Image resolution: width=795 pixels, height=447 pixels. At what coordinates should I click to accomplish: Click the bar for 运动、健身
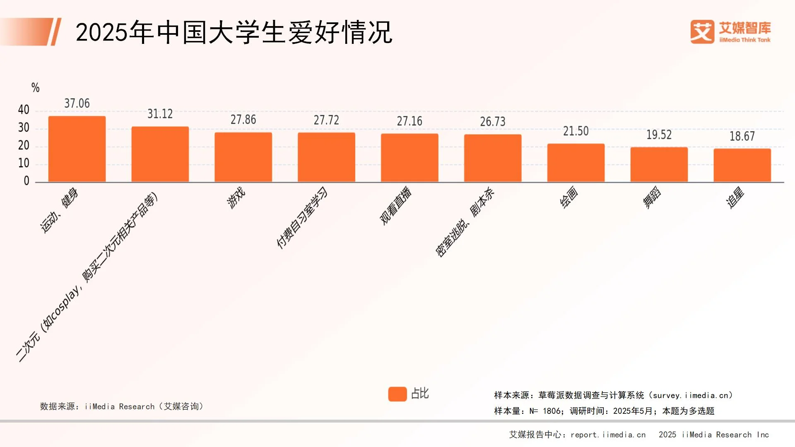point(77,149)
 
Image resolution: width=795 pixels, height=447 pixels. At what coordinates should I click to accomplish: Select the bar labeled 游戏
point(243,157)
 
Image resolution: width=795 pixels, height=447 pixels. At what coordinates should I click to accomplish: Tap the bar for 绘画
point(576,163)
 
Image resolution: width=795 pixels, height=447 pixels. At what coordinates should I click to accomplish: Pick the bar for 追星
point(742,165)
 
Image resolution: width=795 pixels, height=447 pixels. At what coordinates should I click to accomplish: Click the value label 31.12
point(160,114)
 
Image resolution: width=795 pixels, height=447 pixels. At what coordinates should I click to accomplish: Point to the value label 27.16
point(410,121)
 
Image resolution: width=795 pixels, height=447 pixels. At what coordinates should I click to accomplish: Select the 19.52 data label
point(659,135)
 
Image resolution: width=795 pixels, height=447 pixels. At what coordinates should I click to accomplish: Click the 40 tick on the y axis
point(24,110)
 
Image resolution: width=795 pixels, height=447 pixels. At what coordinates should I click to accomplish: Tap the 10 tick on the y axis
point(24,163)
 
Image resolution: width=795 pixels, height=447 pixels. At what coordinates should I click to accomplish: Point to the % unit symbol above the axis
point(36,88)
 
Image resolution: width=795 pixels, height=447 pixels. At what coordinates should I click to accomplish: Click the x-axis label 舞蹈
point(652,197)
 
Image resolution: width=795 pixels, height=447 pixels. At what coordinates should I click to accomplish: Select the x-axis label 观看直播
point(396,206)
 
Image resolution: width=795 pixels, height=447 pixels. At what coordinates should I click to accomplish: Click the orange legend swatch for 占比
point(397,394)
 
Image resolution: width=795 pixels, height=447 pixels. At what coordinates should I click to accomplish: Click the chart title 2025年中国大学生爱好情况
point(234,32)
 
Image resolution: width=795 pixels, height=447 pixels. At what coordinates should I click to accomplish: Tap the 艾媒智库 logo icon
point(702,32)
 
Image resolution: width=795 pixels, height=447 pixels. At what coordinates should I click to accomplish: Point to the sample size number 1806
point(552,411)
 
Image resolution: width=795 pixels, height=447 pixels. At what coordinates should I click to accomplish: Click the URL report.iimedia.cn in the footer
point(608,435)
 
